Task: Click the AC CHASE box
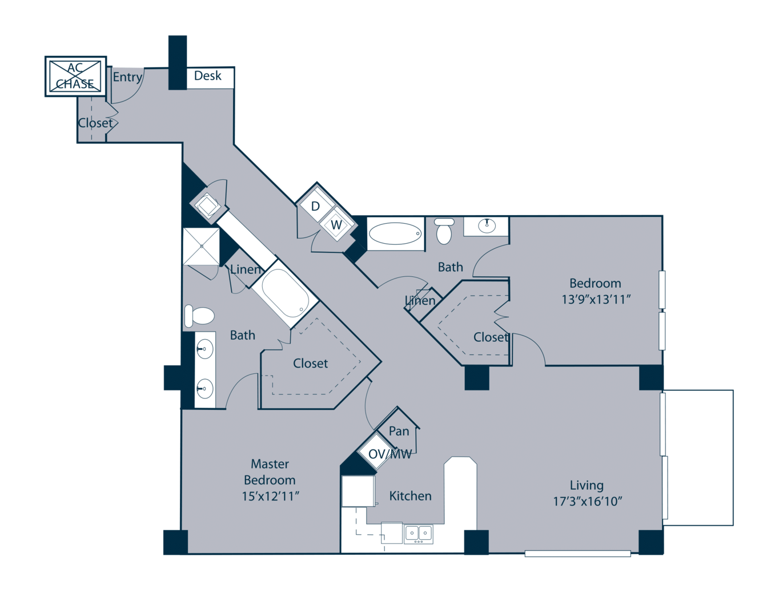tap(75, 76)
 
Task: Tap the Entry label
tap(127, 77)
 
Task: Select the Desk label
tap(207, 76)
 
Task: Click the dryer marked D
tap(315, 206)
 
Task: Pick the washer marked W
tap(336, 224)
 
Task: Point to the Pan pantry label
tap(399, 431)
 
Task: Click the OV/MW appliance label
tap(389, 454)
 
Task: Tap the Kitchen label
tap(410, 496)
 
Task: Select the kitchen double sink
tap(418, 534)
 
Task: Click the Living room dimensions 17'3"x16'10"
tap(588, 502)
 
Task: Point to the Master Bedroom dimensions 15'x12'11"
tap(270, 497)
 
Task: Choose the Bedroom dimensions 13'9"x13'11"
tap(596, 300)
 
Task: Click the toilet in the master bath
tap(199, 316)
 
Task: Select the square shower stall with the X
tap(201, 247)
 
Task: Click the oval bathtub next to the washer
tap(395, 233)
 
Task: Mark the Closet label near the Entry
tap(95, 123)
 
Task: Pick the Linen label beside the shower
tap(246, 269)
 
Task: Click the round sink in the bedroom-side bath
tap(487, 225)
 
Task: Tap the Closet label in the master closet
tap(310, 364)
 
